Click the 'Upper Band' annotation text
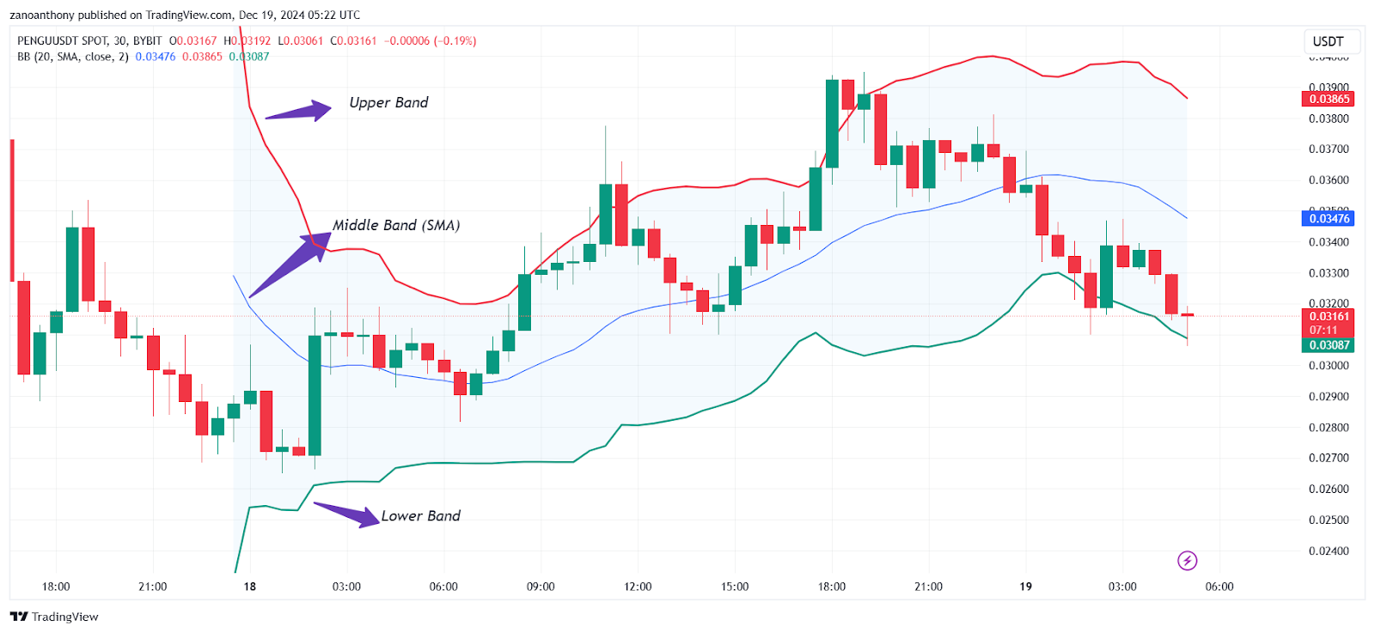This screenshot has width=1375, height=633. tap(388, 102)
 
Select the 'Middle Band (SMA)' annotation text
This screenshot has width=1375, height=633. tap(396, 225)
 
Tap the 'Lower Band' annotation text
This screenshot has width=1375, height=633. tap(420, 515)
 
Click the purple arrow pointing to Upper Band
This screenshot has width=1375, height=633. tap(297, 112)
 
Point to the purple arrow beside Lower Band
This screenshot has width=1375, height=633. tap(347, 513)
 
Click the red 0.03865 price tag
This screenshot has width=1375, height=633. tap(1329, 99)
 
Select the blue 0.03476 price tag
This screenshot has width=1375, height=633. tap(1329, 218)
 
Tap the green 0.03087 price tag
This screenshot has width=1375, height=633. tap(1329, 345)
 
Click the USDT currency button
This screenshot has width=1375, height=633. tap(1328, 41)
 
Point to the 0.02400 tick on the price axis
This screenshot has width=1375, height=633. tap(1329, 551)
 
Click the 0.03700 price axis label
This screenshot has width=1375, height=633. tap(1329, 149)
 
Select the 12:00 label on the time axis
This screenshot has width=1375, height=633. tap(638, 587)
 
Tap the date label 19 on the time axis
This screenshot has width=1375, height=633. tap(1025, 587)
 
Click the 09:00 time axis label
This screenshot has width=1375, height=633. tap(541, 587)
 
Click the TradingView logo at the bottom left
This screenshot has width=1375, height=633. tap(54, 617)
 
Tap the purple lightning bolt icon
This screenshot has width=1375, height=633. tap(1187, 561)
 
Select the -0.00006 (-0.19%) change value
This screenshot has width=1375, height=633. tap(430, 41)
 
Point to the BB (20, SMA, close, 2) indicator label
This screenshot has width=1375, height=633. tap(73, 57)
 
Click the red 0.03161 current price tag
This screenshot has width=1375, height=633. tap(1329, 317)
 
